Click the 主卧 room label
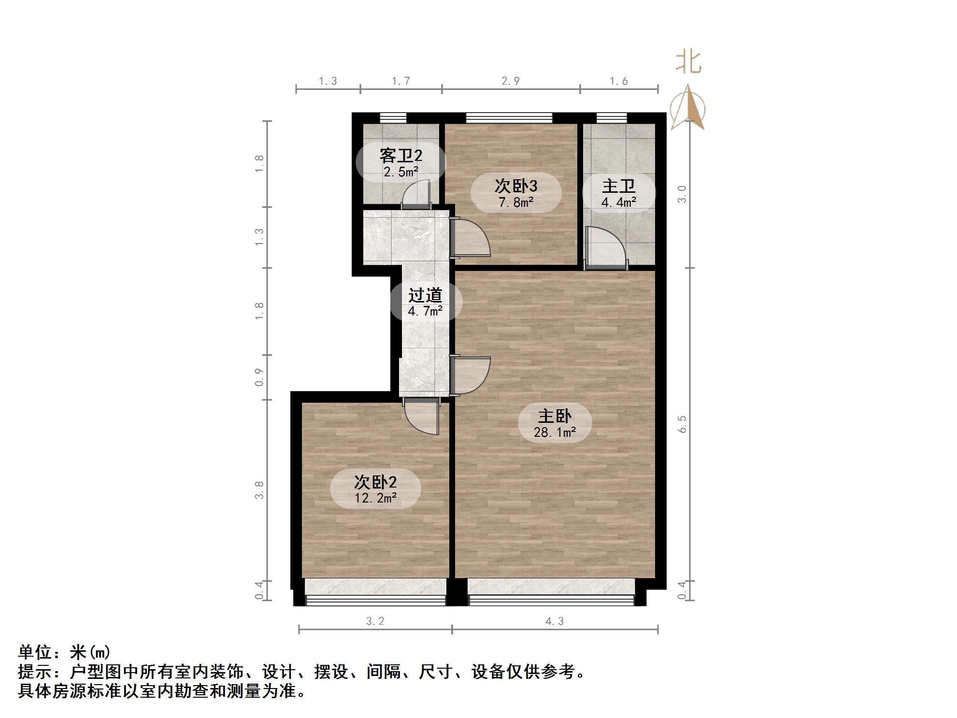tap(555, 416)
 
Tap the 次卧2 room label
tap(375, 482)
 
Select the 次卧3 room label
tap(516, 186)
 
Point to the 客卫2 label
tap(400, 156)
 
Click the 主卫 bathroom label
tap(618, 186)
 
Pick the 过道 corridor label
tap(425, 295)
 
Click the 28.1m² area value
tap(555, 432)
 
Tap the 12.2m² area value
tap(375, 498)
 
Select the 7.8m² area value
tap(516, 202)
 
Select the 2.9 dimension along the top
tap(510, 81)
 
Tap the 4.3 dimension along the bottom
tap(555, 621)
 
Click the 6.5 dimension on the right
tap(682, 424)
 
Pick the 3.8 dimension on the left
tap(259, 490)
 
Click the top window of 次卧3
tap(509, 117)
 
